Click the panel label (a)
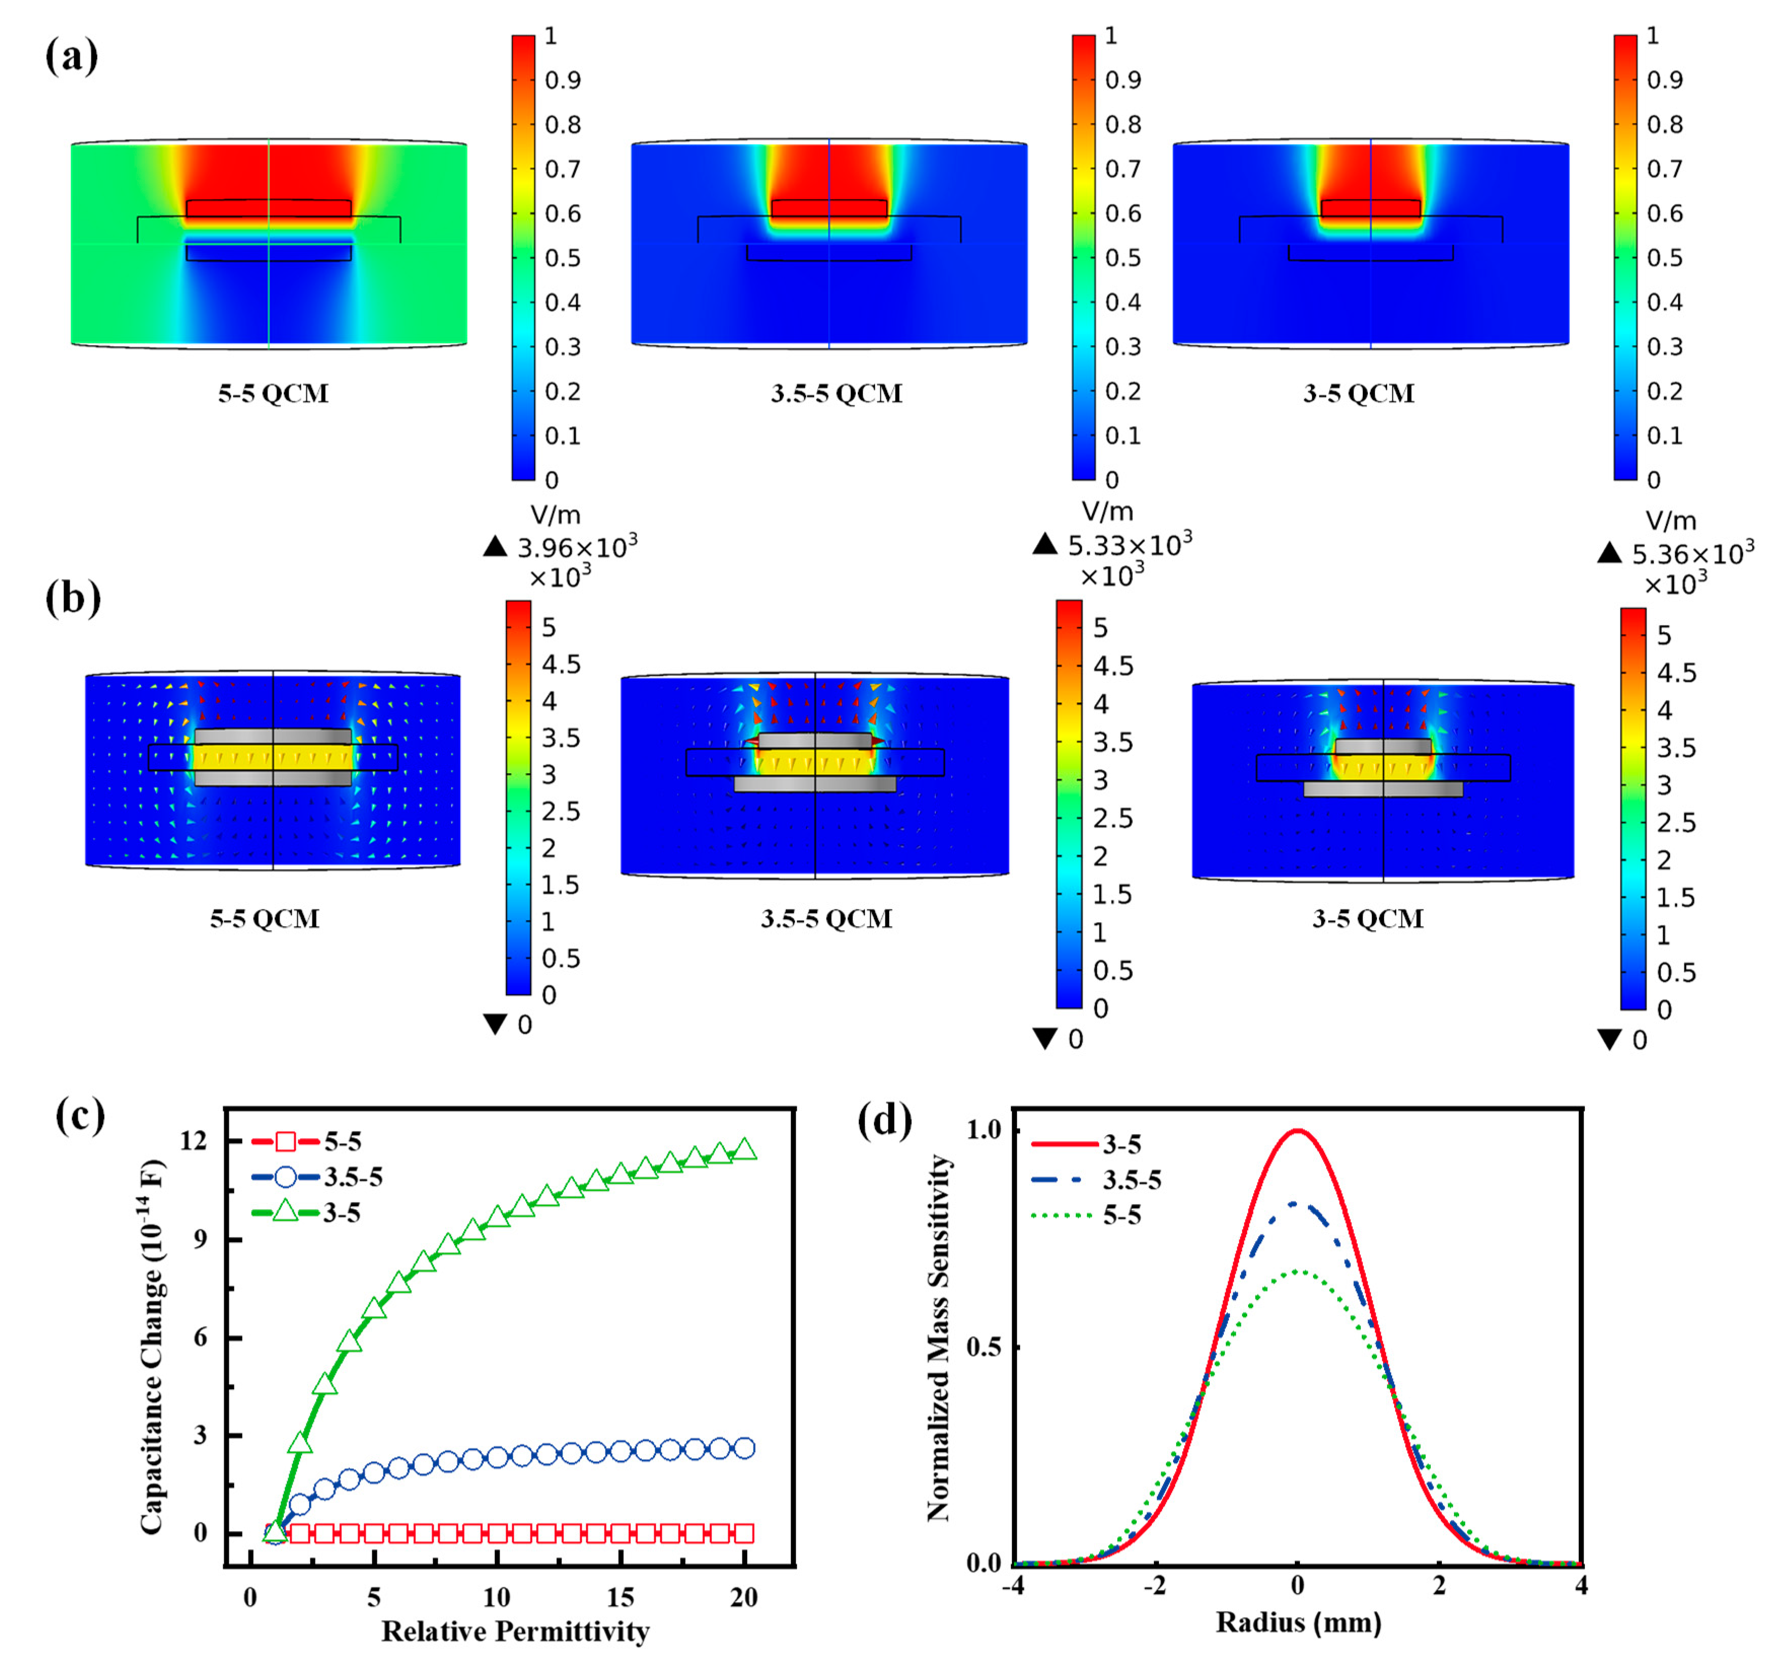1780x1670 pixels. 71,56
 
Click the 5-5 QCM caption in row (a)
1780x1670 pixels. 273,393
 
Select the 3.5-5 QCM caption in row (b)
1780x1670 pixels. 825,919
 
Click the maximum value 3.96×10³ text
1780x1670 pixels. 576,546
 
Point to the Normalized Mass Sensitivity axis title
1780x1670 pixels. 937,1338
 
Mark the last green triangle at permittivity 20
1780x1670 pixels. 744,1149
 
